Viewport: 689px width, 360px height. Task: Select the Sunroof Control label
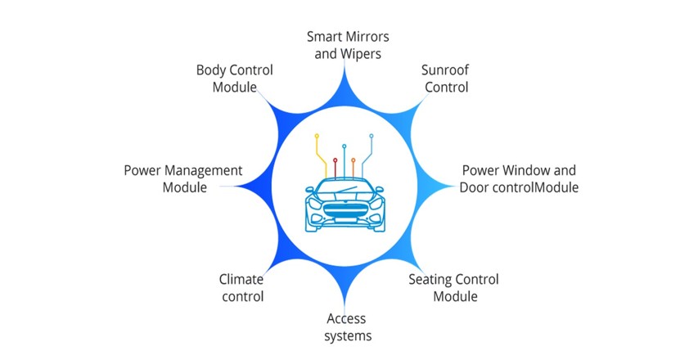pyautogui.click(x=444, y=79)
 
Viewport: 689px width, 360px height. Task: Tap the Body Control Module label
pyautogui.click(x=234, y=79)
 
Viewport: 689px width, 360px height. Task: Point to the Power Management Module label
pyautogui.click(x=183, y=178)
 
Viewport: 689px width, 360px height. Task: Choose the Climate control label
pyautogui.click(x=241, y=288)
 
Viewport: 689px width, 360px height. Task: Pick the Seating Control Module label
pyautogui.click(x=453, y=287)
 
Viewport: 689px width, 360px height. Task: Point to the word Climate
pyautogui.click(x=241, y=280)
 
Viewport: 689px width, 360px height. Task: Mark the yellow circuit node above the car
pyautogui.click(x=317, y=137)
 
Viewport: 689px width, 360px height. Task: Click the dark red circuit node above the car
pyautogui.click(x=335, y=160)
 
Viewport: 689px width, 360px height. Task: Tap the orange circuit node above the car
pyautogui.click(x=353, y=160)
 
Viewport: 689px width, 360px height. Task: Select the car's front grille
pyautogui.click(x=344, y=209)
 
